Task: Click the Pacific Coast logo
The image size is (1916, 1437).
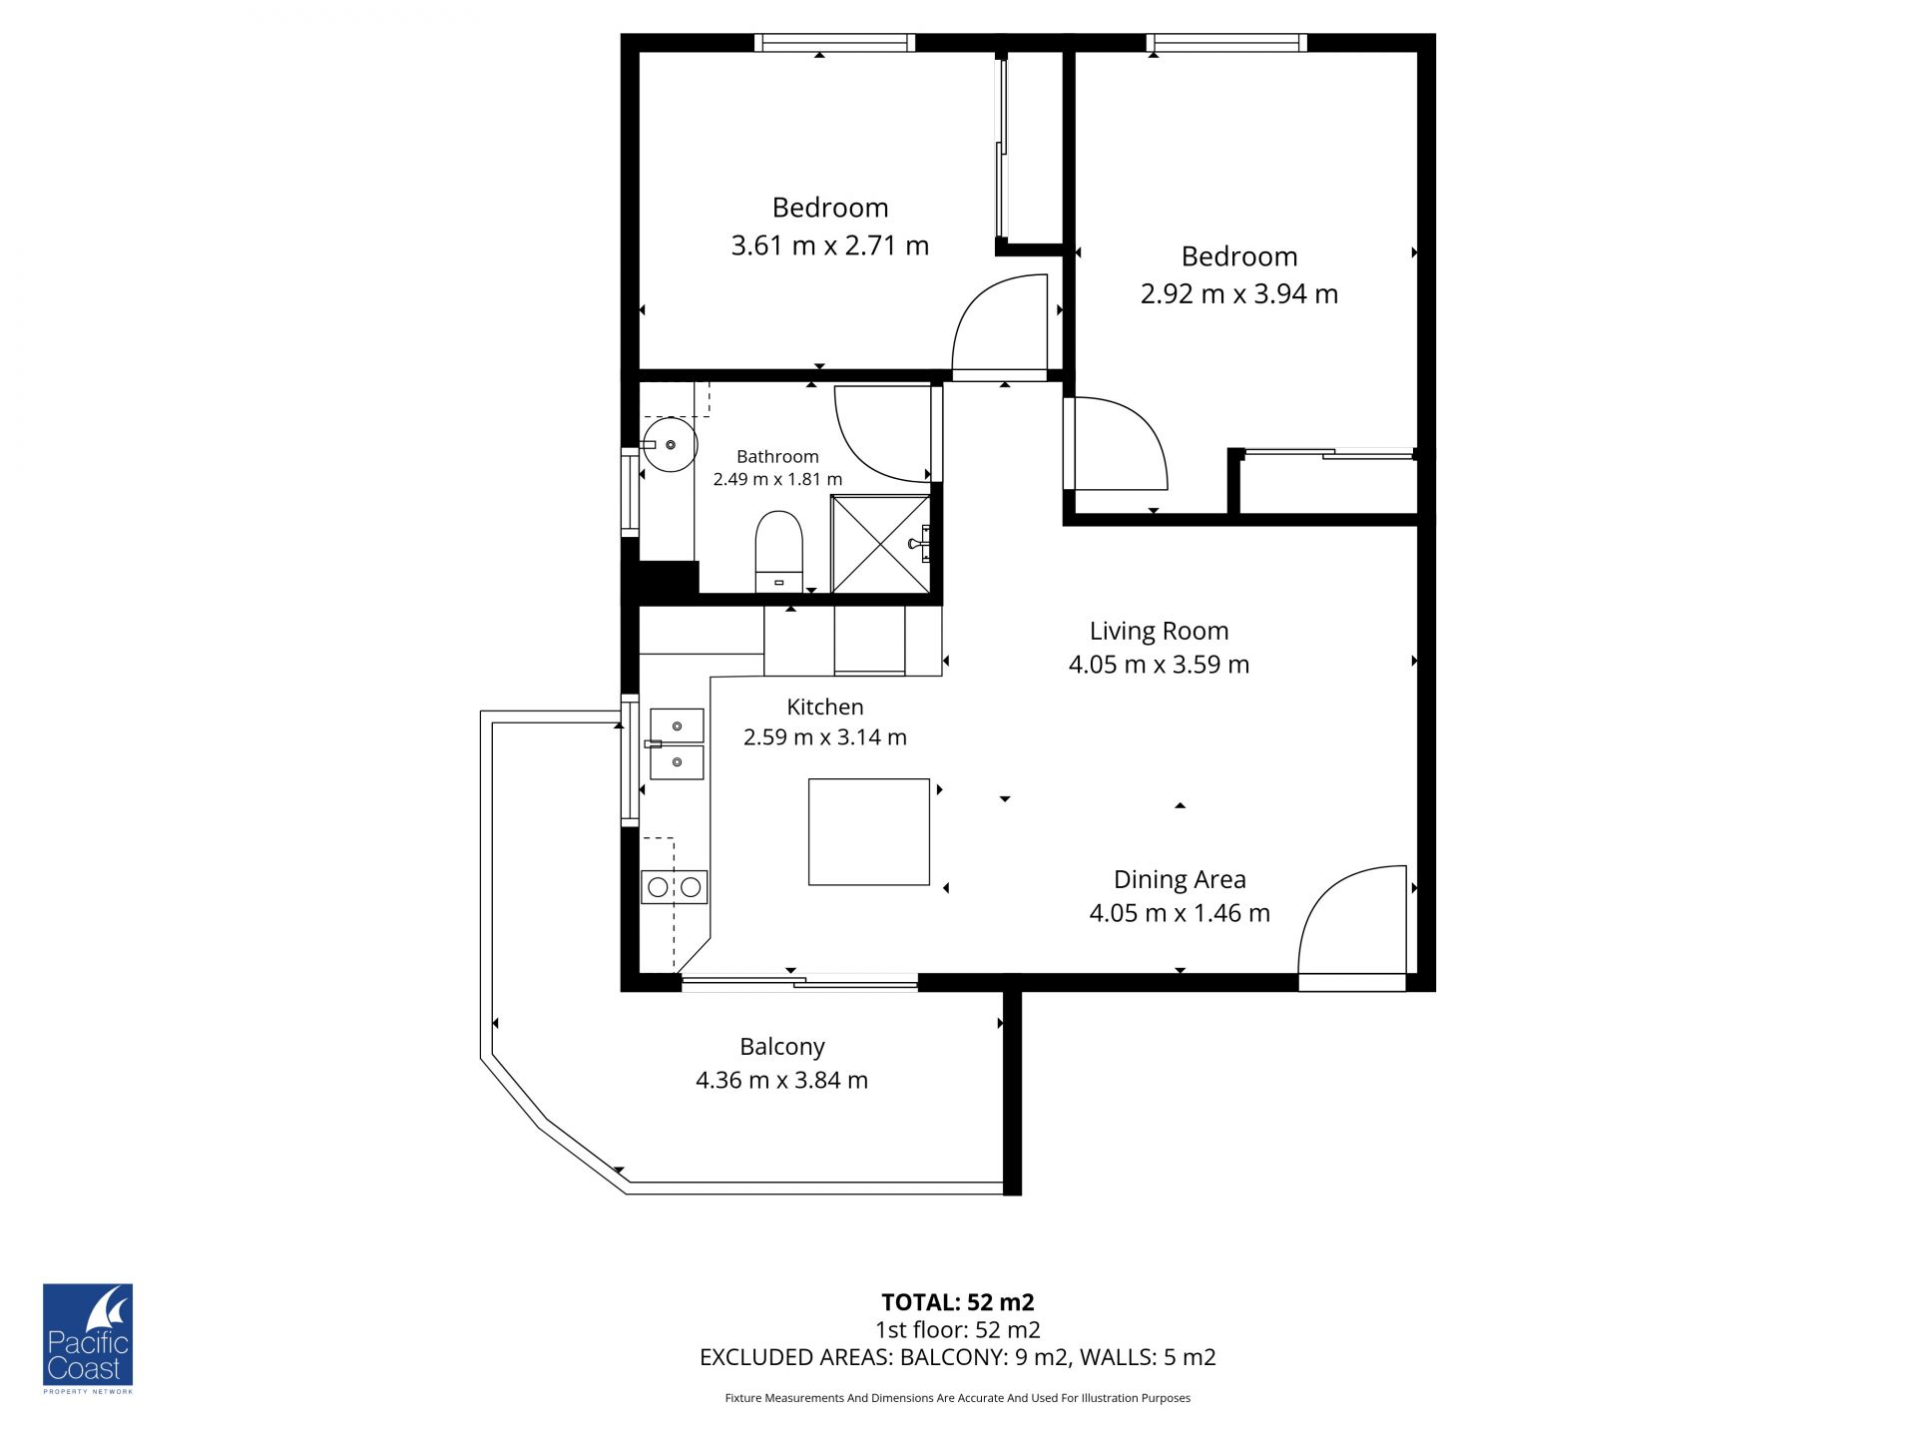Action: [88, 1338]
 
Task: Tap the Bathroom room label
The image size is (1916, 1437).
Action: [777, 457]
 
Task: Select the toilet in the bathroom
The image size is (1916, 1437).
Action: [778, 552]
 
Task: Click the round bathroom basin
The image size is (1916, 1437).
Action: [670, 445]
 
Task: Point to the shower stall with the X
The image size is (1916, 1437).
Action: [881, 544]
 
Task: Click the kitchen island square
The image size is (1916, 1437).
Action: [869, 832]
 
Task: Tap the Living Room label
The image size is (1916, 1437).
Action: [1159, 631]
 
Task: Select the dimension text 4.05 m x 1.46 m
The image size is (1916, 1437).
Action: [1180, 913]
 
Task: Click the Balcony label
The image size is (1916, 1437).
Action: [782, 1047]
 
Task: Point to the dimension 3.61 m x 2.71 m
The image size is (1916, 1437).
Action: [830, 245]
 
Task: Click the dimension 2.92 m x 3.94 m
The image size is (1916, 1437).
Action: [1239, 294]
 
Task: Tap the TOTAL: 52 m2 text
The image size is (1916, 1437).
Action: [958, 1302]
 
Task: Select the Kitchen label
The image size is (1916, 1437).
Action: [825, 708]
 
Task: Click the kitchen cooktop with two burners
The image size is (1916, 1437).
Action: [675, 886]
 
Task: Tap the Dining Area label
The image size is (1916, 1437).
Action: [1180, 880]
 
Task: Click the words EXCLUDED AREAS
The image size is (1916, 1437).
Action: [795, 1357]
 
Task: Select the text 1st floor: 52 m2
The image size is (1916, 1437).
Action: [958, 1330]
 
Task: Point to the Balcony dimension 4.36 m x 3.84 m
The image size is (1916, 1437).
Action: [782, 1081]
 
